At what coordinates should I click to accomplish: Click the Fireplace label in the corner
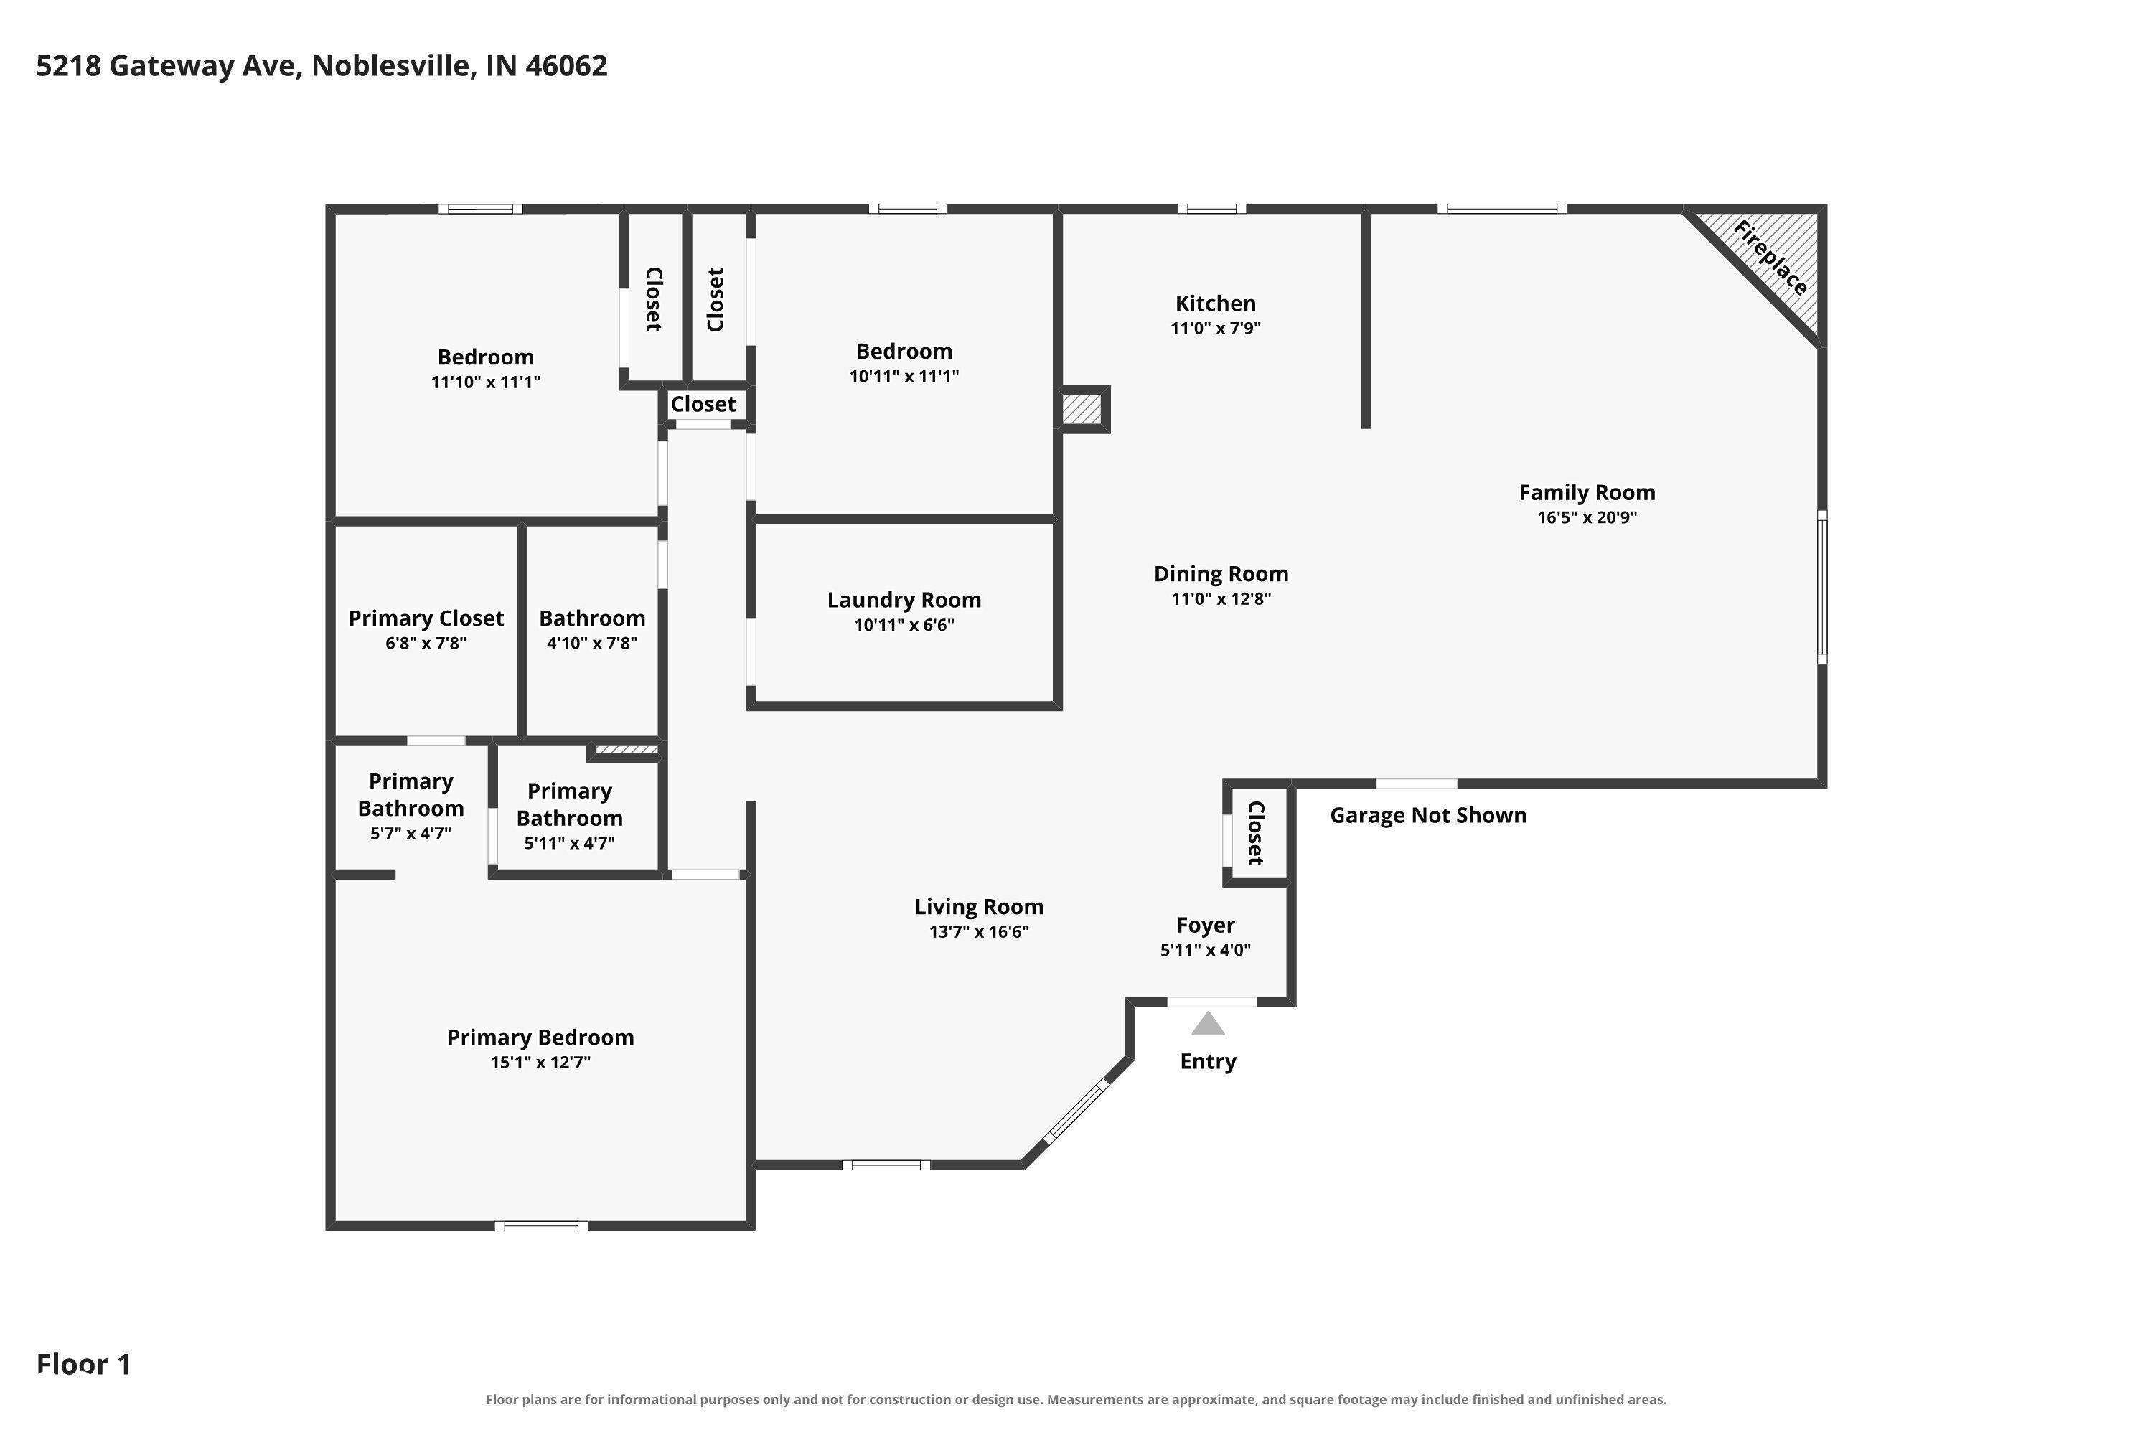pos(1770,258)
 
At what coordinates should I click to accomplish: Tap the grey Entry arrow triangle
pos(1209,1024)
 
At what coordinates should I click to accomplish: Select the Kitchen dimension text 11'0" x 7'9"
pos(1216,329)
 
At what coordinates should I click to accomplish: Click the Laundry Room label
pos(904,601)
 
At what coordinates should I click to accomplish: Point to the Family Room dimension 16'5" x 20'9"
pos(1587,517)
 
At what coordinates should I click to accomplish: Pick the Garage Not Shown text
pos(1428,815)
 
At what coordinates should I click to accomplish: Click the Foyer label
pos(1206,926)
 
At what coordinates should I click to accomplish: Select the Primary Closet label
pos(426,618)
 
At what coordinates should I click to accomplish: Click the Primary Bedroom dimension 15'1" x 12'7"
pos(541,1063)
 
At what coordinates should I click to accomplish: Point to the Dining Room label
pos(1221,574)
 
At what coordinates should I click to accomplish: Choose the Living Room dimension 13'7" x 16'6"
pos(980,931)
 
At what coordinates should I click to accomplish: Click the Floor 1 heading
pos(84,1365)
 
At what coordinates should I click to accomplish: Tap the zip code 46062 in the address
pos(567,66)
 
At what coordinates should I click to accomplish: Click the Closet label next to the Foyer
pos(1256,833)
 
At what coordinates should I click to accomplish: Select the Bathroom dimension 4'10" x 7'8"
pos(592,644)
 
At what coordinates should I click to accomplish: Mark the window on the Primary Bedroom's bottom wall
pos(541,1225)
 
